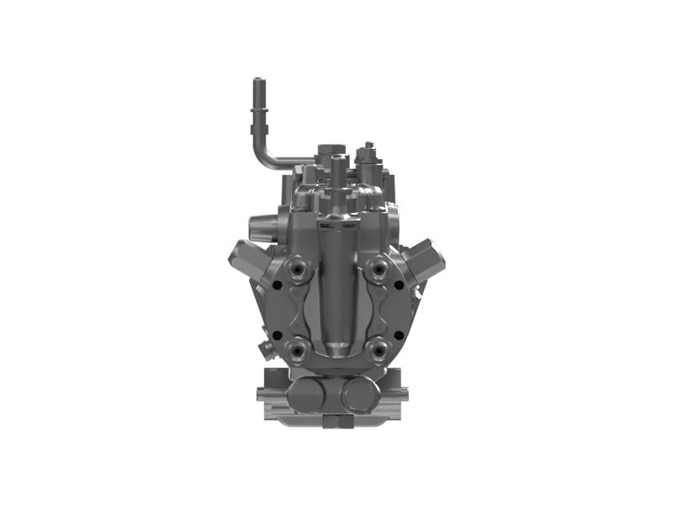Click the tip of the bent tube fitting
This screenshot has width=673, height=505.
click(x=258, y=82)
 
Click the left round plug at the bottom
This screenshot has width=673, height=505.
click(x=305, y=393)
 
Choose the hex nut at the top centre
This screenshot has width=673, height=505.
click(x=331, y=152)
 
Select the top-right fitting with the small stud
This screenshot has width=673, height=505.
click(x=365, y=155)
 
